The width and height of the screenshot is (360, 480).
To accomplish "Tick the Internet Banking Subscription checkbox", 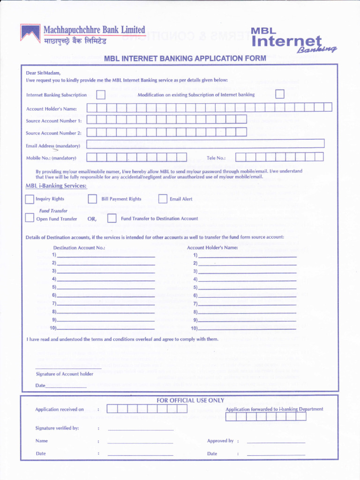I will pos(100,95).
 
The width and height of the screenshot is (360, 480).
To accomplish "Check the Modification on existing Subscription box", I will pos(279,95).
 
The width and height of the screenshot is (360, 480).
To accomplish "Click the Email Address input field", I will pos(205,144).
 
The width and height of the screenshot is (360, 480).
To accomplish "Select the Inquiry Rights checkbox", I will pos(30,199).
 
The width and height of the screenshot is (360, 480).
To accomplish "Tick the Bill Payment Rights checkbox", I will pos(92,199).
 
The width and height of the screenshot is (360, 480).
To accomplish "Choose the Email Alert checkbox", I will pos(163,199).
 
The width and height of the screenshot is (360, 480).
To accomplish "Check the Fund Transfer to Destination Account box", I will pos(112,218).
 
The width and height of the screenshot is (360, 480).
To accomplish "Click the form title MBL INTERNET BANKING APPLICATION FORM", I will pos(185,59).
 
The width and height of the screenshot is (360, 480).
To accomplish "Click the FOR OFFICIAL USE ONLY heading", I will pos(190,400).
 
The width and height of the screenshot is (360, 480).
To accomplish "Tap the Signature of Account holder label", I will pos(64,374).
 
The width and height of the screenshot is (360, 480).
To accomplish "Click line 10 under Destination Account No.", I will pos(106,329).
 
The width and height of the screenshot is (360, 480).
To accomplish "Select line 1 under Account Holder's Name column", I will pos(247,256).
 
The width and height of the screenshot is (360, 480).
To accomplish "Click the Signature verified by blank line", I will pos(141,429).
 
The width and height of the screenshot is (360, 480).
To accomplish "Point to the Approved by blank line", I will pos(276,442).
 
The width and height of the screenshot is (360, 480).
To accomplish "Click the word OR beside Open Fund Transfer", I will pos(92,219).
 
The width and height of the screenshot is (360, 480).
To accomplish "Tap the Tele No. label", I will pos(216,158).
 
